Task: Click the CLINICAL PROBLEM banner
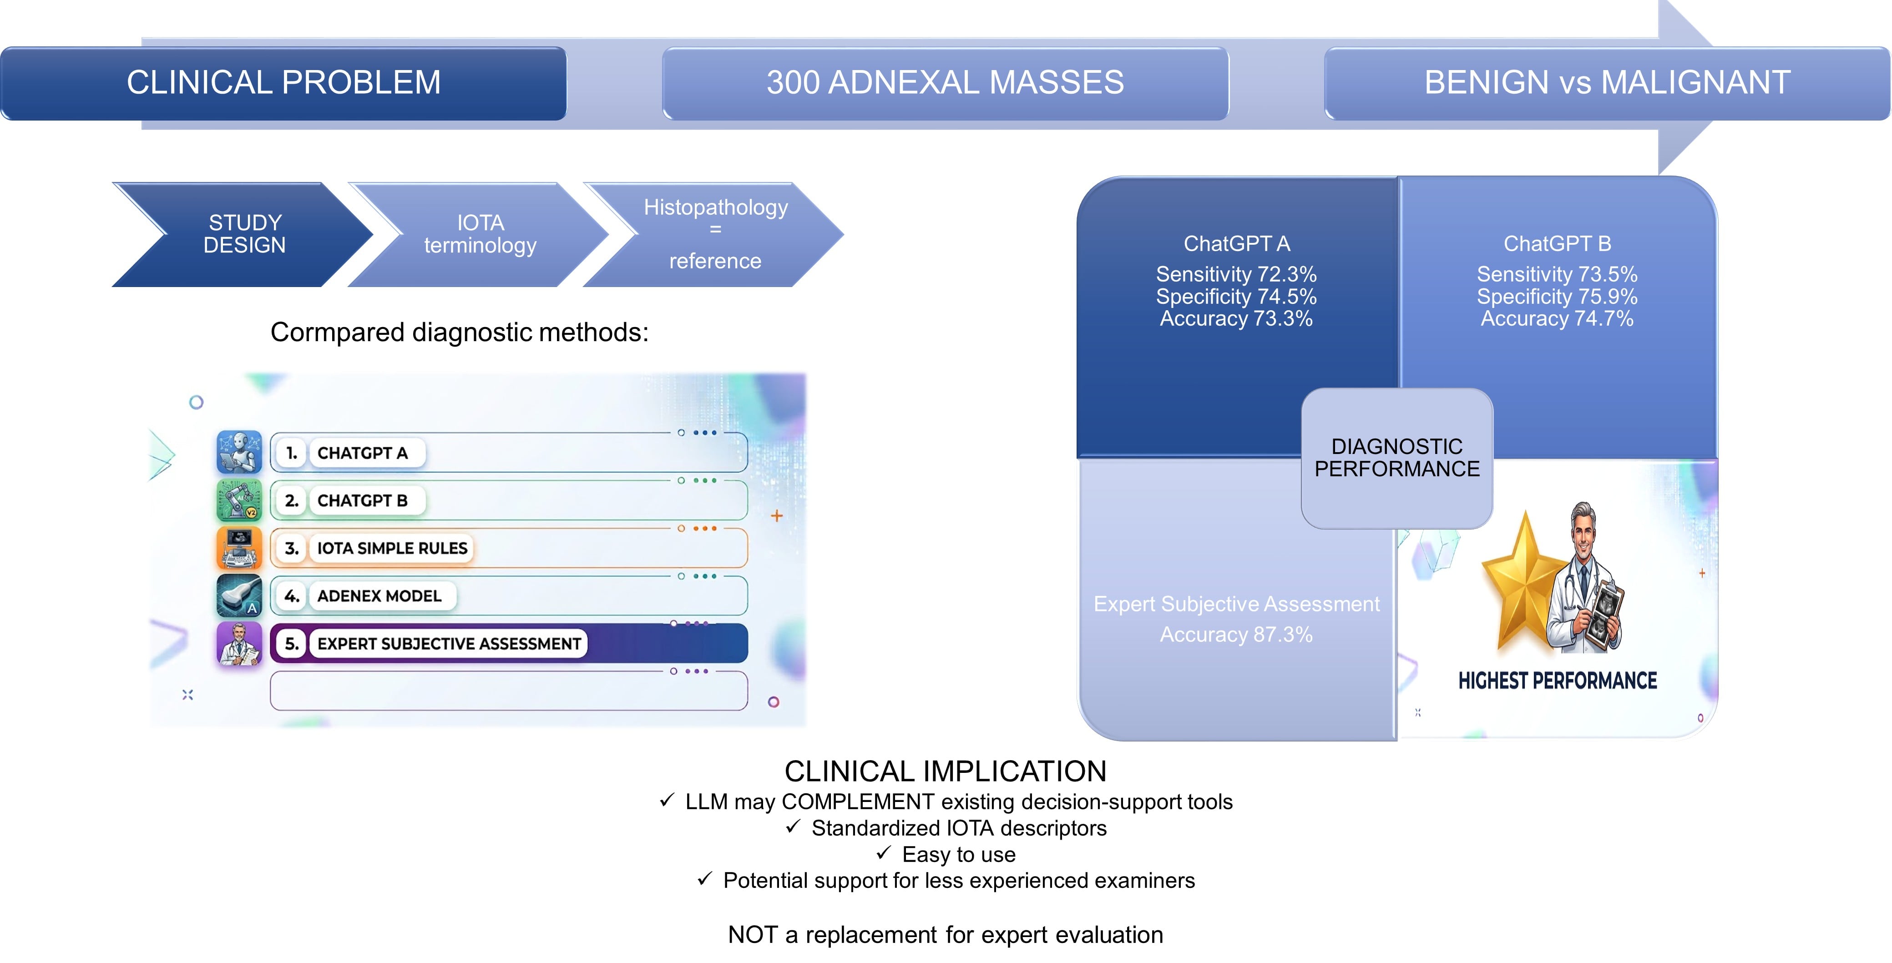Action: coord(283,83)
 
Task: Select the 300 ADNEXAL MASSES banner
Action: coord(945,83)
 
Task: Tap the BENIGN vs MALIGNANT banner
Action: coord(1607,83)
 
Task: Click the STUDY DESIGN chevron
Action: coord(243,234)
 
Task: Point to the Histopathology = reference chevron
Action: coord(714,234)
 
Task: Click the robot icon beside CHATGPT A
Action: coord(239,452)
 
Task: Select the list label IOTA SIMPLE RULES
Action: coord(392,548)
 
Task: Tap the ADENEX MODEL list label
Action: coord(379,596)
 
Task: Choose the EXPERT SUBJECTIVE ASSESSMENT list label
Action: coord(449,644)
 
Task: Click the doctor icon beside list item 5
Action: coord(239,644)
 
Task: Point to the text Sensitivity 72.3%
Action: coord(1236,274)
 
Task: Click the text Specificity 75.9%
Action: coord(1557,297)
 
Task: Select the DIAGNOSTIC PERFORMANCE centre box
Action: coord(1397,458)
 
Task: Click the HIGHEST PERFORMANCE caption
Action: coord(1557,681)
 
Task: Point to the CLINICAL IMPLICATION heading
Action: coord(945,771)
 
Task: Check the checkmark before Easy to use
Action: coord(884,853)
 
